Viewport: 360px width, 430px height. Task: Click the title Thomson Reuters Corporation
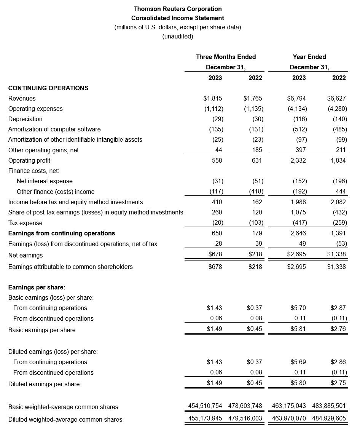(x=178, y=9)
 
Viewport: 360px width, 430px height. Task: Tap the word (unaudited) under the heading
(x=178, y=37)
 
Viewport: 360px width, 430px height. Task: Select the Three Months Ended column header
(x=226, y=57)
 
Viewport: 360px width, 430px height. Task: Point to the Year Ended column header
(x=309, y=57)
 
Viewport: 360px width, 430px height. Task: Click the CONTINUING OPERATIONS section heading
(x=48, y=88)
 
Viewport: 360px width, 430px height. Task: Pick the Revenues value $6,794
(x=296, y=98)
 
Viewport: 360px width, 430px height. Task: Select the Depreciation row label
(x=25, y=119)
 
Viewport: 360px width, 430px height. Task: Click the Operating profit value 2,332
(x=298, y=160)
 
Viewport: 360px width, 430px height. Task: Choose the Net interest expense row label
(x=45, y=181)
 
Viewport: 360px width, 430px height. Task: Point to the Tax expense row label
(x=25, y=223)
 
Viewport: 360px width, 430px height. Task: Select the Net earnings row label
(x=25, y=255)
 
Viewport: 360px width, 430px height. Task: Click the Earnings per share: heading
(x=37, y=287)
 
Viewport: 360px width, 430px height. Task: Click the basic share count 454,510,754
(x=205, y=406)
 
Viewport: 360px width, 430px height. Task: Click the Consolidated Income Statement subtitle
(x=178, y=18)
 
